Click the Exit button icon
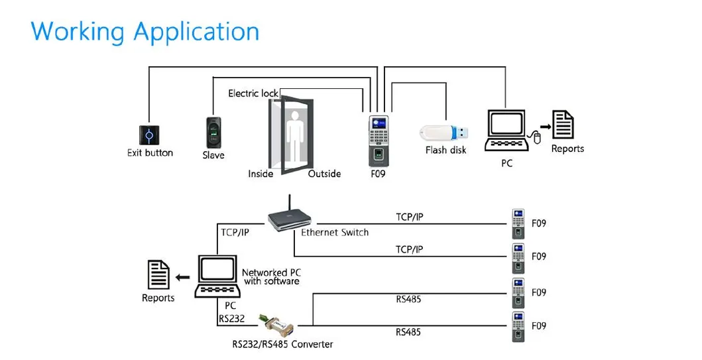(x=149, y=135)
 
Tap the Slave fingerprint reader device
(x=213, y=133)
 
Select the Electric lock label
(x=253, y=93)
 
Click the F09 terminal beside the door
(x=379, y=140)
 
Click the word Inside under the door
(x=261, y=174)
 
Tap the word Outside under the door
(x=324, y=174)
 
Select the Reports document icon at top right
(x=563, y=125)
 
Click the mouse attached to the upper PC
(x=537, y=137)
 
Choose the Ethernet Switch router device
(x=290, y=217)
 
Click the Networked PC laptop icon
(x=217, y=276)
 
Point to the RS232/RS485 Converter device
(x=274, y=323)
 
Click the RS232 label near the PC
(x=231, y=319)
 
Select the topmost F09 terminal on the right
(x=518, y=223)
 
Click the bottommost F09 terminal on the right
(x=518, y=326)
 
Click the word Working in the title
(x=78, y=31)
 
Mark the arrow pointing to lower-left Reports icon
(x=182, y=276)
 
